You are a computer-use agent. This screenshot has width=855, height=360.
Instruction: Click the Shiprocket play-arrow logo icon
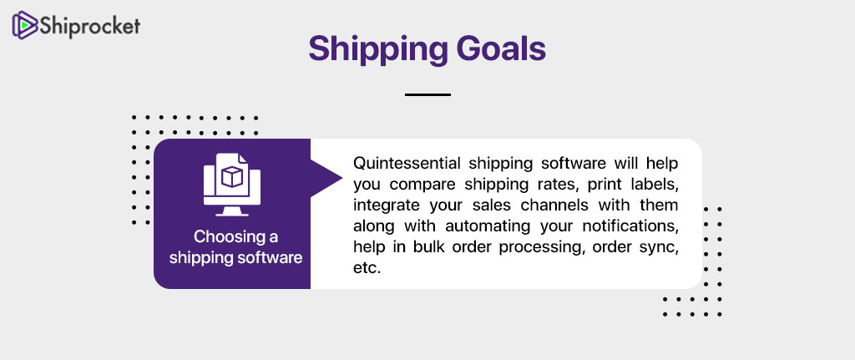click(x=25, y=26)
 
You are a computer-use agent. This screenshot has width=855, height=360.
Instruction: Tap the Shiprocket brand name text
click(x=90, y=26)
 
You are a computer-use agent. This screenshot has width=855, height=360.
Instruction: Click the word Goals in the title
click(x=498, y=49)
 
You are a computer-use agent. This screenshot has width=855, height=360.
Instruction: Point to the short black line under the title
click(x=427, y=95)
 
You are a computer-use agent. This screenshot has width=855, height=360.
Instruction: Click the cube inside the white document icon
click(x=232, y=177)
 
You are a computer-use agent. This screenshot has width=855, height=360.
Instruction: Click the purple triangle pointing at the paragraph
click(x=326, y=178)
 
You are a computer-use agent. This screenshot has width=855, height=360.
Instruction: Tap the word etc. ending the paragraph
click(x=366, y=268)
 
